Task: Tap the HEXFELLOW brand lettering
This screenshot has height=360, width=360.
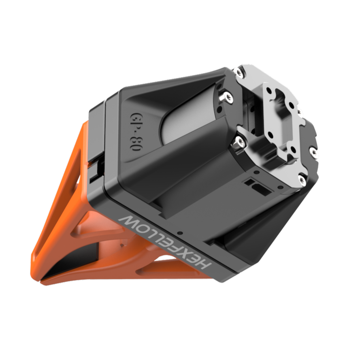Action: [165, 241]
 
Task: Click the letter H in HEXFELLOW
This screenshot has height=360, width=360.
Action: [204, 264]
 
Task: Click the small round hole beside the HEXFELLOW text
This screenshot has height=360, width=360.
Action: [181, 233]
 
